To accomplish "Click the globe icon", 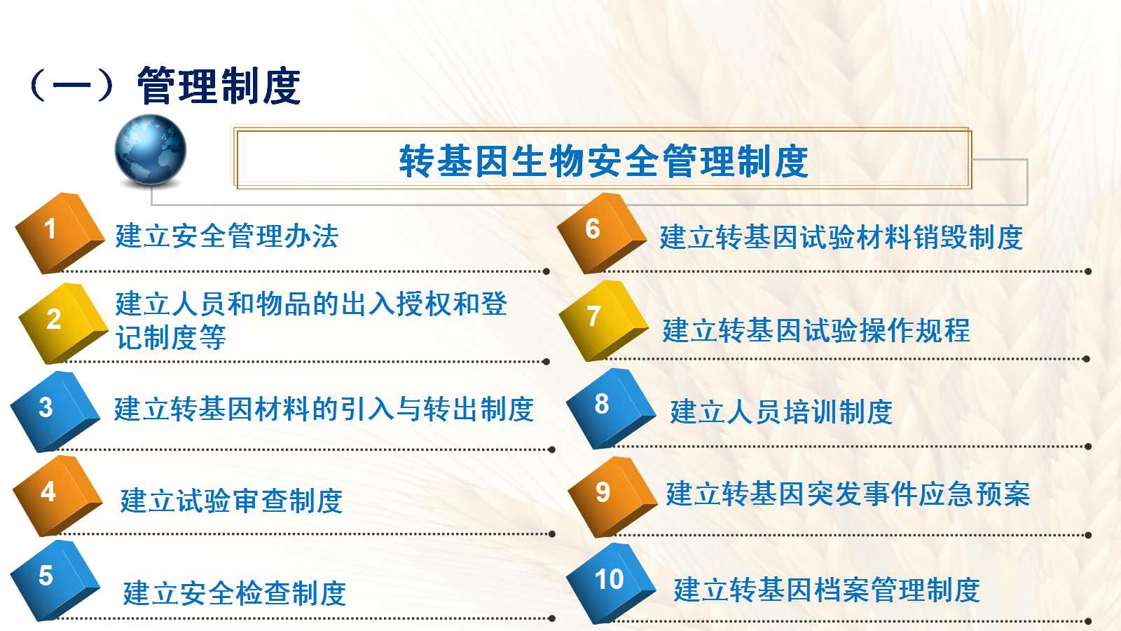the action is click(150, 150).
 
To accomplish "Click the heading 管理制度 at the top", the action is click(219, 86).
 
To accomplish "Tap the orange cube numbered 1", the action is click(60, 233).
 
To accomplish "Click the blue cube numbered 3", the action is click(55, 412).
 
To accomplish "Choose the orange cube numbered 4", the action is click(57, 496).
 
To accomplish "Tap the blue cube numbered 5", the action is click(55, 581).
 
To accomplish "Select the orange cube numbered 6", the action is click(602, 233).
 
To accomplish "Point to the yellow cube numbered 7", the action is click(603, 320).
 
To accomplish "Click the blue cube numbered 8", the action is click(611, 409).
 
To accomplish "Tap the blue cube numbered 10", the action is click(611, 583).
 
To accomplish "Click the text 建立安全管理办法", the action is click(227, 236).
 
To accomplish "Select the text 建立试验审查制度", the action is click(231, 501).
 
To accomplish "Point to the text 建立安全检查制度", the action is click(234, 593).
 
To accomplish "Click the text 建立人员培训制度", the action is click(781, 412).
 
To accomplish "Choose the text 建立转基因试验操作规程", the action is click(816, 330).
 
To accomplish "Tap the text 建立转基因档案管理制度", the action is click(827, 590).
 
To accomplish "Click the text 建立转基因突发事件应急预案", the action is click(848, 494).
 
